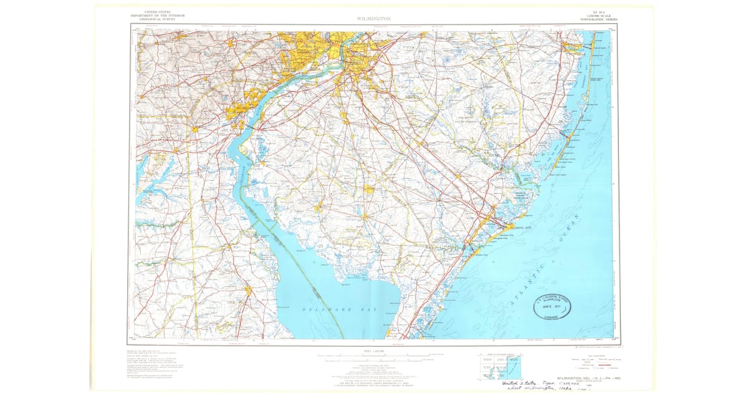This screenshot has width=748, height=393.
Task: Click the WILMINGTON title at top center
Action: pos(373,19)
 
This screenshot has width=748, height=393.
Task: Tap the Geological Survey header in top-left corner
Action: pos(153,16)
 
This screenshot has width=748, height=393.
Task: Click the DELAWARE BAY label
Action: pos(337,309)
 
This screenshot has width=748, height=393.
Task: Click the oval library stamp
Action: pos(550,306)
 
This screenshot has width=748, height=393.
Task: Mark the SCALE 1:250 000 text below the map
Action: pos(373,350)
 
